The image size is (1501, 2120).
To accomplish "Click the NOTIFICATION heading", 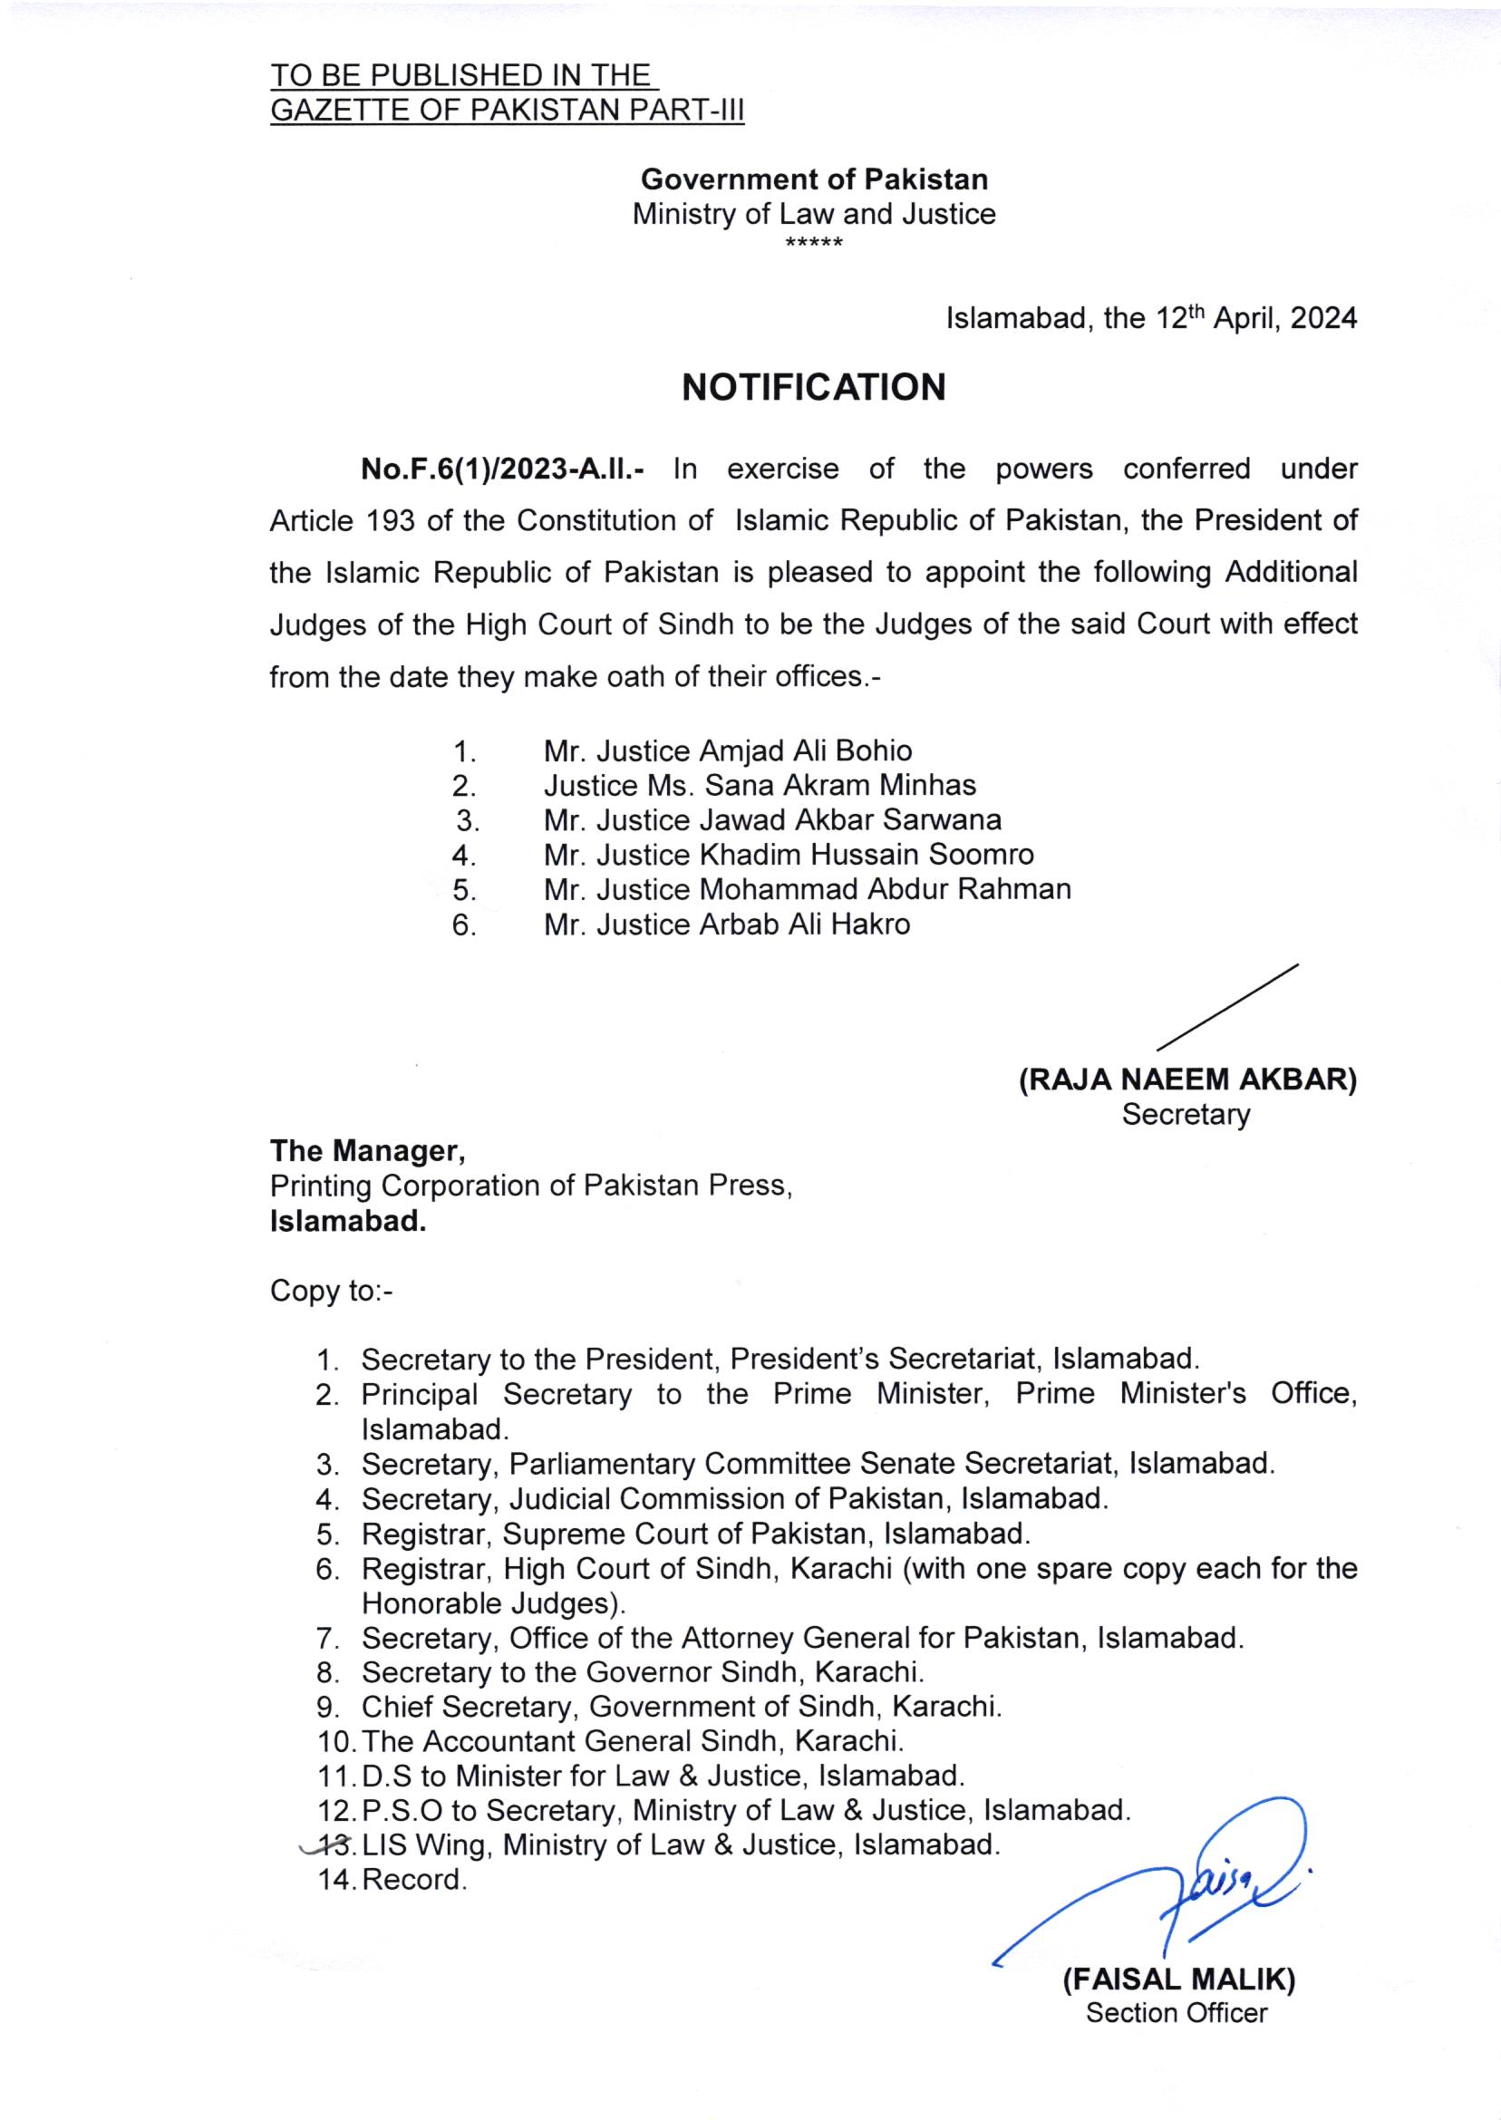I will [x=813, y=387].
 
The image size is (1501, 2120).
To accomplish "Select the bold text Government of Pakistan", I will [x=814, y=179].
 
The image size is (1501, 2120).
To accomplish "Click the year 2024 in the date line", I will [x=1323, y=319].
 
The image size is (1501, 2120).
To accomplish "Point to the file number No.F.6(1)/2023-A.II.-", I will [x=503, y=469].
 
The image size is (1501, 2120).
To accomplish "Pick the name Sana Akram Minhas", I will [x=840, y=786].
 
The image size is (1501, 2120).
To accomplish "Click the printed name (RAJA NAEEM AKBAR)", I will [x=1187, y=1080].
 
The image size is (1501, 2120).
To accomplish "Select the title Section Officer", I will [x=1177, y=2013].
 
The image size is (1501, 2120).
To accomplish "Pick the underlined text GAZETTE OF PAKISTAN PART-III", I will [x=507, y=111].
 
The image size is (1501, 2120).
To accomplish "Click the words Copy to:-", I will [x=331, y=1291].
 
